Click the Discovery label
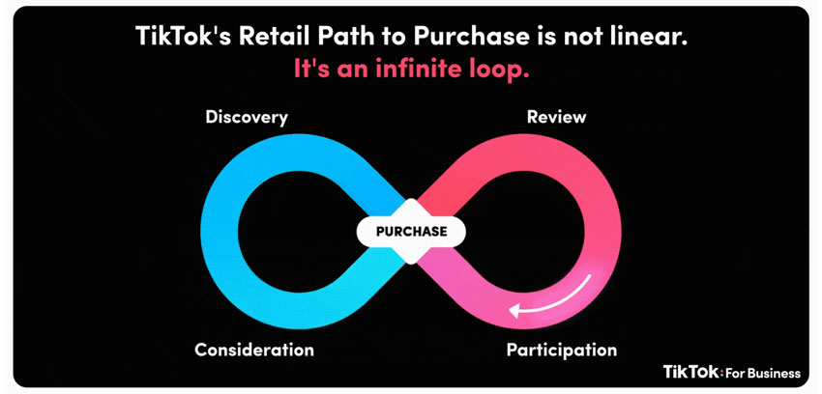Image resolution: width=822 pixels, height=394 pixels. pos(247,117)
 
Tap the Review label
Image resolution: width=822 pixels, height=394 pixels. pos(556,117)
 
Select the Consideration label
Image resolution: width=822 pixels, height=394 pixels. pos(254,350)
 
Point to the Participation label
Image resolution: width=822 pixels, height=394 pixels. pos(562,350)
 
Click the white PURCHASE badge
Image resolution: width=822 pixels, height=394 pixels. pos(411,231)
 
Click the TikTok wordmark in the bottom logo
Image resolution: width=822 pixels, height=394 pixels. pos(691,372)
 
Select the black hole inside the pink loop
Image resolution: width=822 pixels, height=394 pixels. pos(523,231)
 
